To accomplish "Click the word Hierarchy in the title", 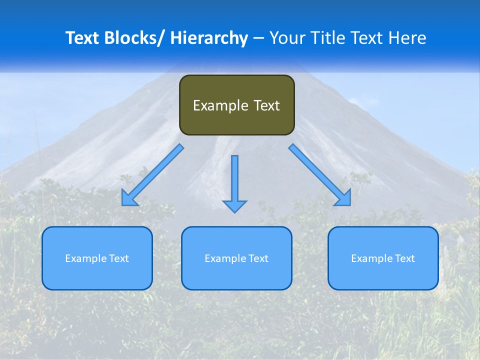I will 209,38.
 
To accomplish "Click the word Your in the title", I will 286,38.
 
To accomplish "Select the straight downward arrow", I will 234,180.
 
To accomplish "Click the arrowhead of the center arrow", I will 234,206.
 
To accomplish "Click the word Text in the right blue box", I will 404,258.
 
